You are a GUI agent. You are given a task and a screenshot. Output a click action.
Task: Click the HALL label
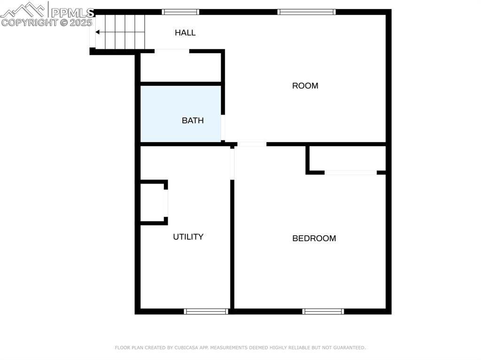[x=185, y=33]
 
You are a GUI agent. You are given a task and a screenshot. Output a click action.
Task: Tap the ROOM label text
[x=305, y=86]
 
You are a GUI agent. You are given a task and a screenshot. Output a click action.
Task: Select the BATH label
[x=193, y=121]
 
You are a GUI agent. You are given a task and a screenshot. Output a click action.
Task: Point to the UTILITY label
[x=188, y=237]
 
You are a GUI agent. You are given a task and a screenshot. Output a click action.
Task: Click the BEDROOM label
[x=314, y=238]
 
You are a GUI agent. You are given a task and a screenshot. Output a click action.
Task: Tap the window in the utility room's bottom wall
[x=206, y=311]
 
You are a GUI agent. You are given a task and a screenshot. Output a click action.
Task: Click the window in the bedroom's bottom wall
[x=323, y=311]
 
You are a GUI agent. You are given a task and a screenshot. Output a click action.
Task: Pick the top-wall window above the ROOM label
[x=307, y=12]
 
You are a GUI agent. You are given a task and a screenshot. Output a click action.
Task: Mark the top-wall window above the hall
[x=180, y=12]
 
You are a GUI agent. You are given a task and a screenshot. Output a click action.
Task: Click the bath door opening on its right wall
[x=223, y=127]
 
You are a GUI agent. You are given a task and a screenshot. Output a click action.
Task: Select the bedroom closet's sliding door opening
[x=350, y=173]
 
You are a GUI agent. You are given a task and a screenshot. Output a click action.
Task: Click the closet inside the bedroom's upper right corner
[x=348, y=158]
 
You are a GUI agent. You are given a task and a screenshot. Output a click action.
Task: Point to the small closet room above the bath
[x=180, y=67]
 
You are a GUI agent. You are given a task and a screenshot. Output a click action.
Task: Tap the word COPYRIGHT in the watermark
[x=29, y=22]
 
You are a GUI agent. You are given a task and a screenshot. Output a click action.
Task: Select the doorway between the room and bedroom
[x=251, y=144]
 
